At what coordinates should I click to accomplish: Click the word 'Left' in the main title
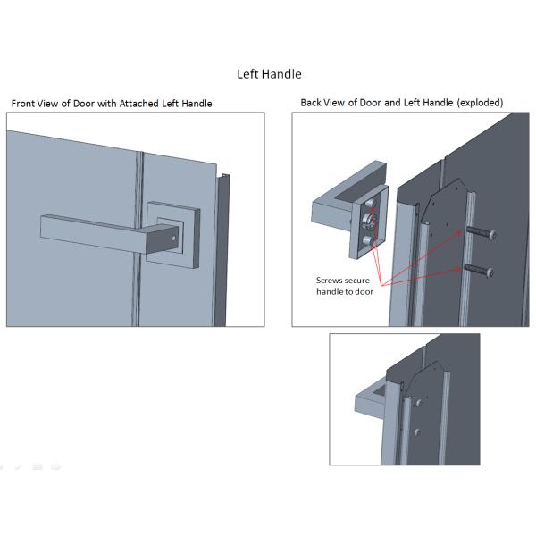click(x=247, y=74)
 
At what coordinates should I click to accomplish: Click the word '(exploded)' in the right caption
click(x=480, y=103)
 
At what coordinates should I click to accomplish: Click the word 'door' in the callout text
click(x=364, y=291)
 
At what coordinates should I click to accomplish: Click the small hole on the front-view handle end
click(x=174, y=238)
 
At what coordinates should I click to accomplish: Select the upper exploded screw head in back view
click(x=492, y=235)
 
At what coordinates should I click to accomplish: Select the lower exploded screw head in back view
click(x=490, y=272)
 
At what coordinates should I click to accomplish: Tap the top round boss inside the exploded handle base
click(x=370, y=204)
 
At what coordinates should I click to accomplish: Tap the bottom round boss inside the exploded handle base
click(x=368, y=240)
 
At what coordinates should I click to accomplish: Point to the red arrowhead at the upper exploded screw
click(x=458, y=233)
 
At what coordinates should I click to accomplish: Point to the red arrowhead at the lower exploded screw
click(x=457, y=270)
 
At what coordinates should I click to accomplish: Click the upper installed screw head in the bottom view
click(x=418, y=404)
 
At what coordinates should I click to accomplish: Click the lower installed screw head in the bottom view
click(x=417, y=432)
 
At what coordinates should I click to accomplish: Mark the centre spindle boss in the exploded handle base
click(x=368, y=220)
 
